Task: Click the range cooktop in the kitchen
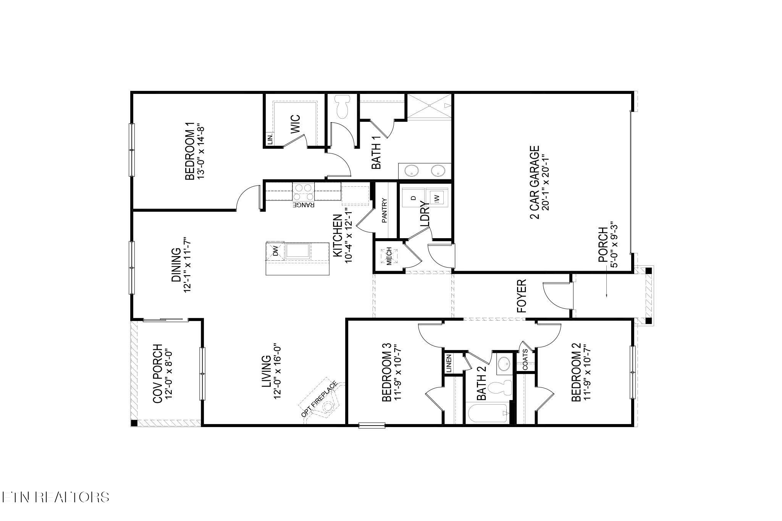(303, 192)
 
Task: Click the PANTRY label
(385, 210)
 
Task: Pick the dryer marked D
(413, 198)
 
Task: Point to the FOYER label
(522, 296)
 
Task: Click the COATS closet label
(525, 360)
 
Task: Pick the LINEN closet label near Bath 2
(449, 363)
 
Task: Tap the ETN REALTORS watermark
(56, 497)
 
